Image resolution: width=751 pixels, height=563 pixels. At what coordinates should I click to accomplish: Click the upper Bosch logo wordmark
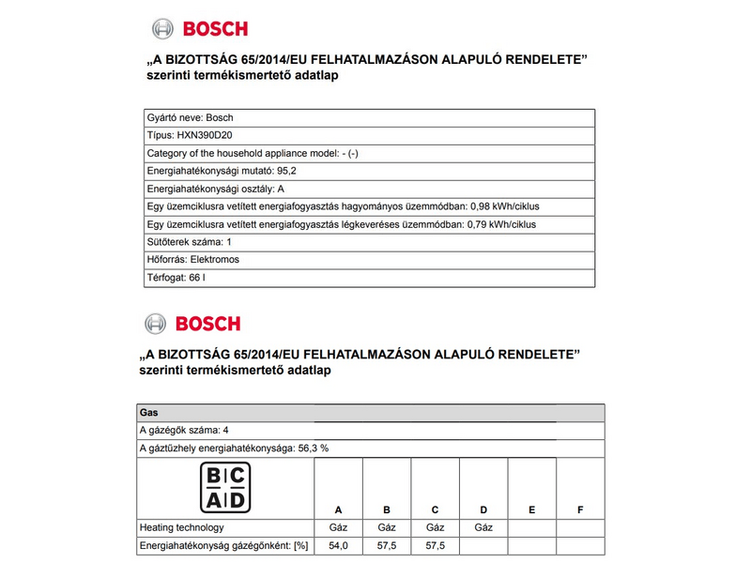(x=215, y=28)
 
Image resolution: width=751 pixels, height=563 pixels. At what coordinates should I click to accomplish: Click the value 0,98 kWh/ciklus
(x=504, y=207)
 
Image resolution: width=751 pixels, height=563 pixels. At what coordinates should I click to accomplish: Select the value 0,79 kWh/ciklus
(x=504, y=225)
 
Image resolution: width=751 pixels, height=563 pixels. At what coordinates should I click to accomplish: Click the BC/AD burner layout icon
(x=225, y=487)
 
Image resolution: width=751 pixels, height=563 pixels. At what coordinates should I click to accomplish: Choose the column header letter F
(x=580, y=510)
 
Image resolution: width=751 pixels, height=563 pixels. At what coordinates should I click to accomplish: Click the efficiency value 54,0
(x=338, y=545)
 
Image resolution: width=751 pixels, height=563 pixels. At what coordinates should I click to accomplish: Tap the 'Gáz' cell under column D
(x=483, y=527)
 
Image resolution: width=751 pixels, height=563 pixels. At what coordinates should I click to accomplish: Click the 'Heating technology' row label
(x=181, y=527)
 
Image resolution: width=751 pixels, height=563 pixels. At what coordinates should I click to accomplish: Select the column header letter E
(x=531, y=510)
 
